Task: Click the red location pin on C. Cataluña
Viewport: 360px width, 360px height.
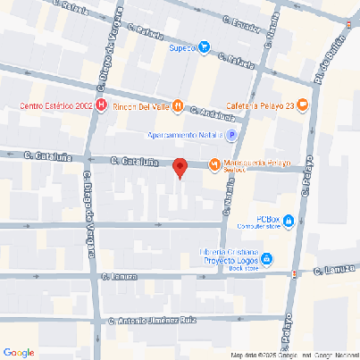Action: [x=179, y=167]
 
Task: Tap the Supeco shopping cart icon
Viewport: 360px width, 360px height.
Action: [x=205, y=48]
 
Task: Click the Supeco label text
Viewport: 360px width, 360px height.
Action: [x=182, y=48]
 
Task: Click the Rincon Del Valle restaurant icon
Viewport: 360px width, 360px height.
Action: [x=178, y=106]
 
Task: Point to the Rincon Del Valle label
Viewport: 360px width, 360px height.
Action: [x=146, y=106]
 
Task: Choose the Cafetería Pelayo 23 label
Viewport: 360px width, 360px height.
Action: [x=266, y=105]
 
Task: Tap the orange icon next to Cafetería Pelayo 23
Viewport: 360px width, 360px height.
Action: [x=303, y=105]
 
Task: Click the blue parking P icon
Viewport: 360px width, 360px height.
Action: [x=231, y=136]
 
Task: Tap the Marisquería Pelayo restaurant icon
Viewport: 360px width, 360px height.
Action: [x=214, y=163]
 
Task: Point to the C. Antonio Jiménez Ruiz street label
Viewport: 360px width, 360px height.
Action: [x=151, y=320]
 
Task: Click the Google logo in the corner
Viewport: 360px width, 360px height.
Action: [x=19, y=352]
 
